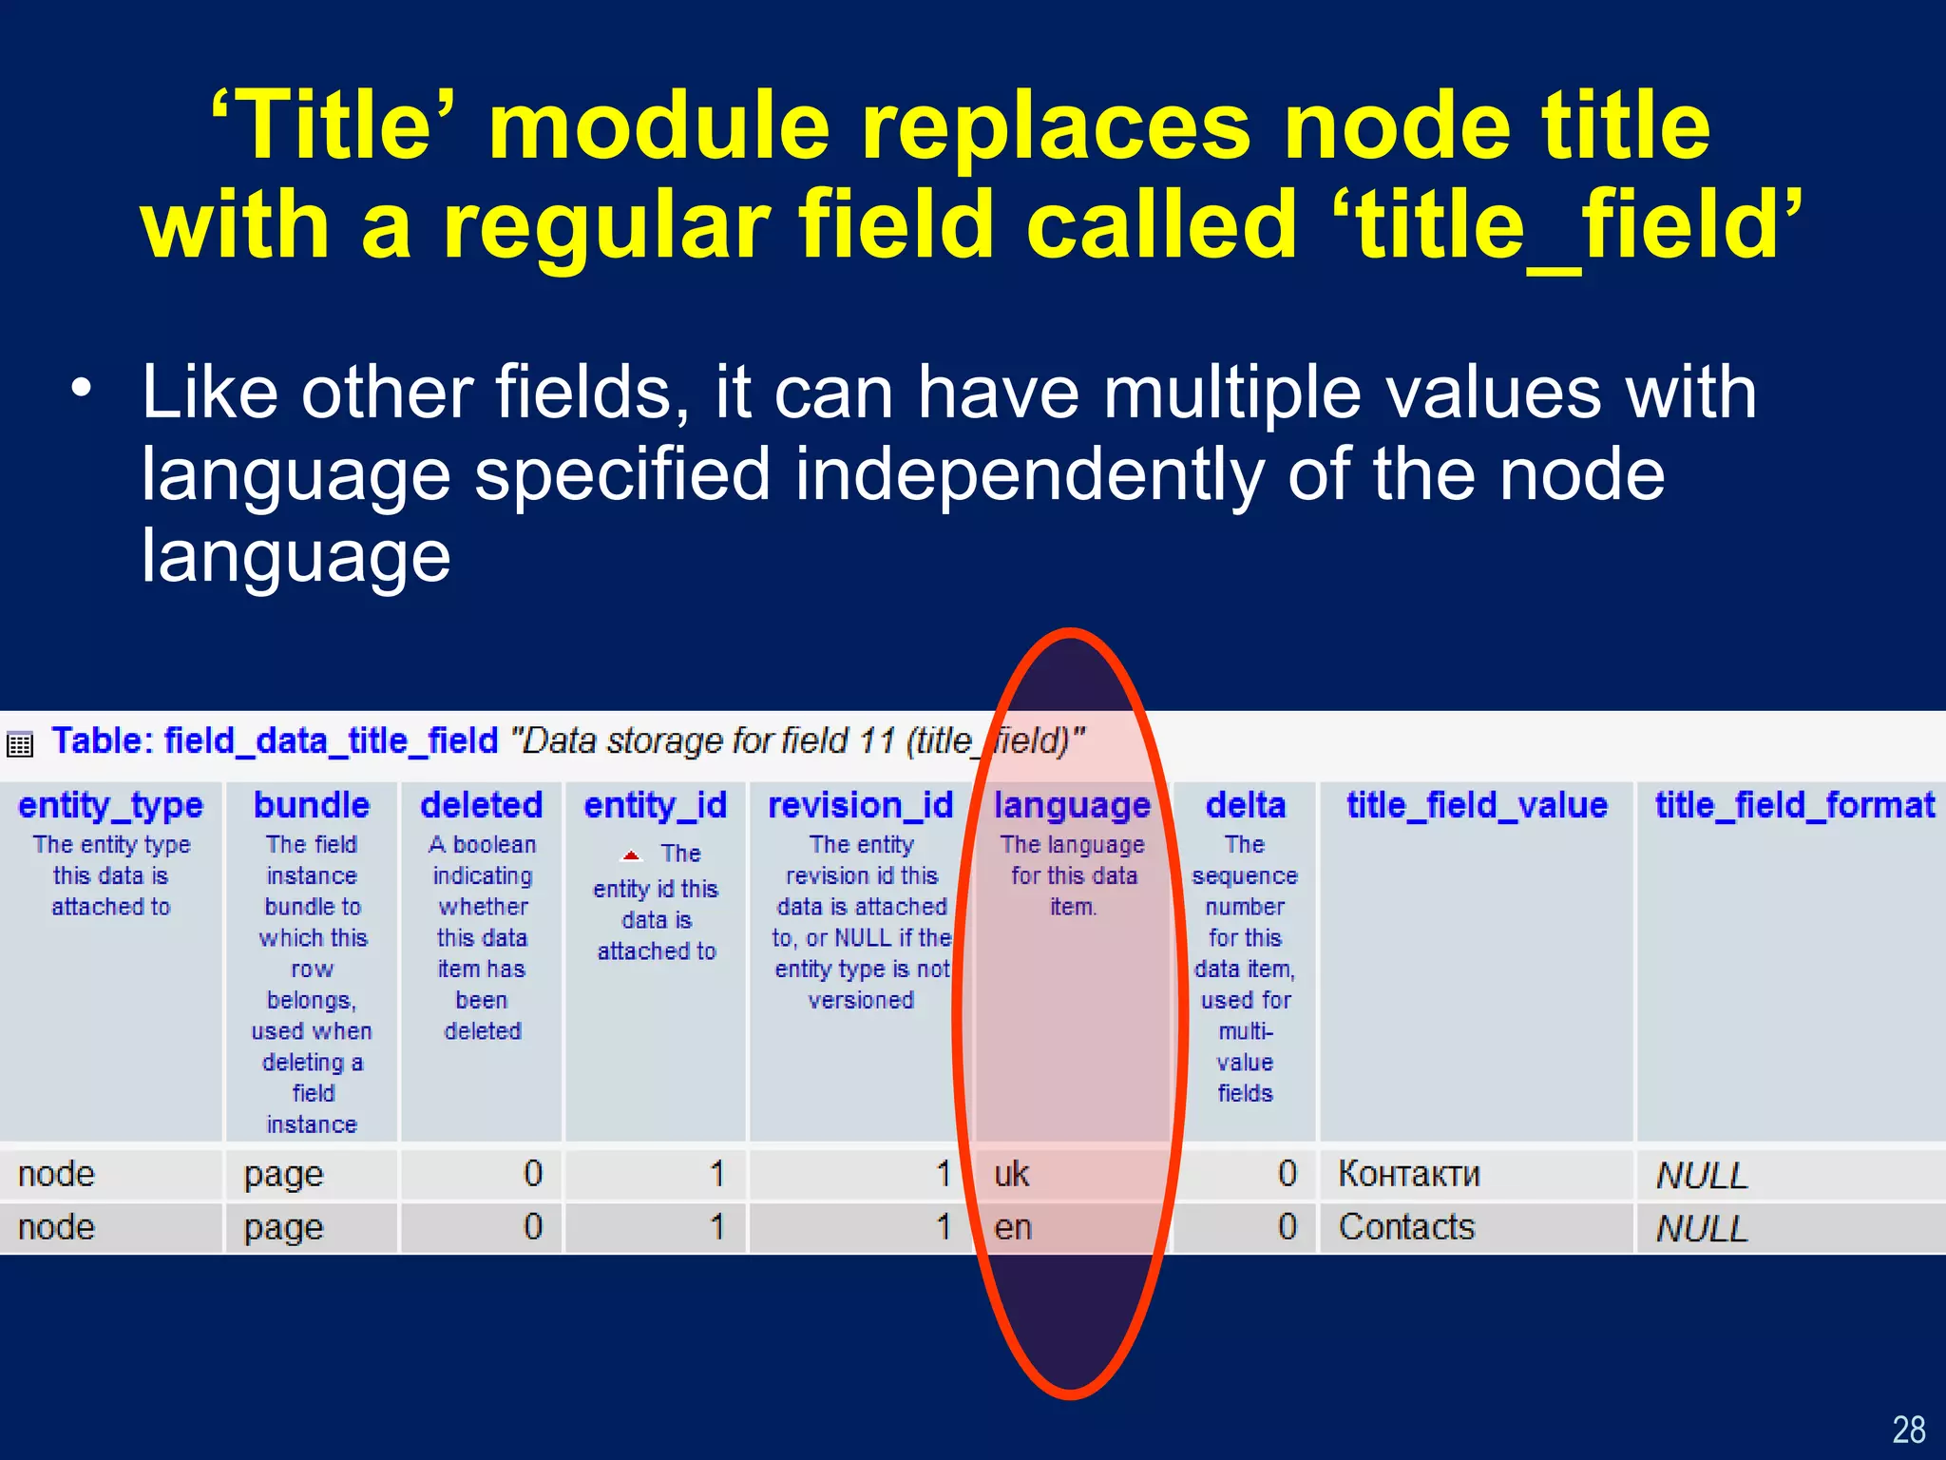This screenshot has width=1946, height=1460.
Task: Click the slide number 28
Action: [x=1908, y=1430]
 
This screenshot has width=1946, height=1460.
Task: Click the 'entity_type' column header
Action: [x=110, y=806]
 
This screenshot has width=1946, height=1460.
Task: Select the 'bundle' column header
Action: [x=312, y=806]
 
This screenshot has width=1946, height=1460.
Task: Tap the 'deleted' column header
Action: [x=482, y=806]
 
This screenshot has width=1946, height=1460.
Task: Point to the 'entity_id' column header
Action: [x=656, y=806]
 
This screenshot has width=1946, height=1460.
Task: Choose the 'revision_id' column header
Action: [x=860, y=806]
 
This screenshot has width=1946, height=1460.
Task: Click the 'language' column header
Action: [x=1072, y=806]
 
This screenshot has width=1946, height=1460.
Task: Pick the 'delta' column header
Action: [x=1245, y=806]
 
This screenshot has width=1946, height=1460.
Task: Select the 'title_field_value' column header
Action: [x=1477, y=806]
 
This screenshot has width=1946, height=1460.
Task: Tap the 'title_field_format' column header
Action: [x=1794, y=806]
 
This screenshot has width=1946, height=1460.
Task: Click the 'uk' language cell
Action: [x=1012, y=1174]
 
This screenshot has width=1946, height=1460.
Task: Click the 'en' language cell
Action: [x=1013, y=1227]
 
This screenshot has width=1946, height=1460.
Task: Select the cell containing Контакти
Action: [x=1408, y=1174]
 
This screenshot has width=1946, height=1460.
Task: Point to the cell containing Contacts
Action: [x=1406, y=1227]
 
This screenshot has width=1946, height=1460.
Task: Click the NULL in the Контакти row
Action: [x=1701, y=1176]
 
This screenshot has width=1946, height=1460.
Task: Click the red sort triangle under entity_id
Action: [x=631, y=855]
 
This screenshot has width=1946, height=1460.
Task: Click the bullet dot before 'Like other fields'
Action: [x=83, y=389]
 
